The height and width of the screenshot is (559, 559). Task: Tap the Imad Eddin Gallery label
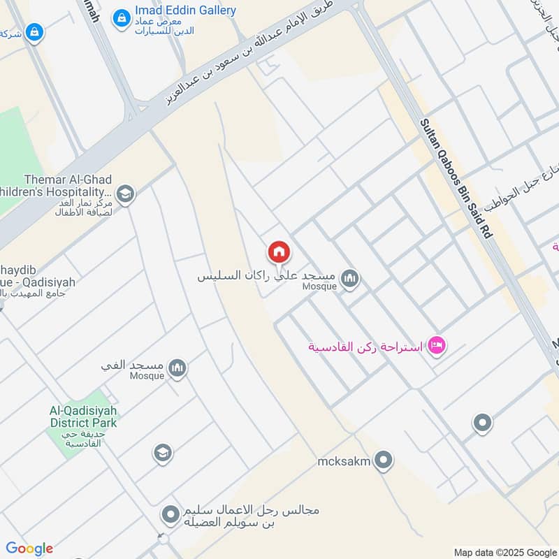(185, 10)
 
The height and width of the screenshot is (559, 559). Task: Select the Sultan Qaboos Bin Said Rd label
(456, 178)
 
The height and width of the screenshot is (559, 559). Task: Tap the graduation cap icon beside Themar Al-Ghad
(126, 194)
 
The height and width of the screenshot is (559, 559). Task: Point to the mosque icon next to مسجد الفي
(177, 368)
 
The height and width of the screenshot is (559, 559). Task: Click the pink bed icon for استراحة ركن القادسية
(437, 345)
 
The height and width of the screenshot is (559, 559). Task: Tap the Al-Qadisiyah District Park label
(84, 417)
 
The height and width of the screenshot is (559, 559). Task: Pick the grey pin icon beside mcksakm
(383, 460)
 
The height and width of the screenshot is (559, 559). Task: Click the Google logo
(29, 549)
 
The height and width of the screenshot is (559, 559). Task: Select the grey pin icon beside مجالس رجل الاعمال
(170, 516)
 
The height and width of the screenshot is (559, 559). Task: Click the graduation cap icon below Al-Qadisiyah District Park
(162, 453)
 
